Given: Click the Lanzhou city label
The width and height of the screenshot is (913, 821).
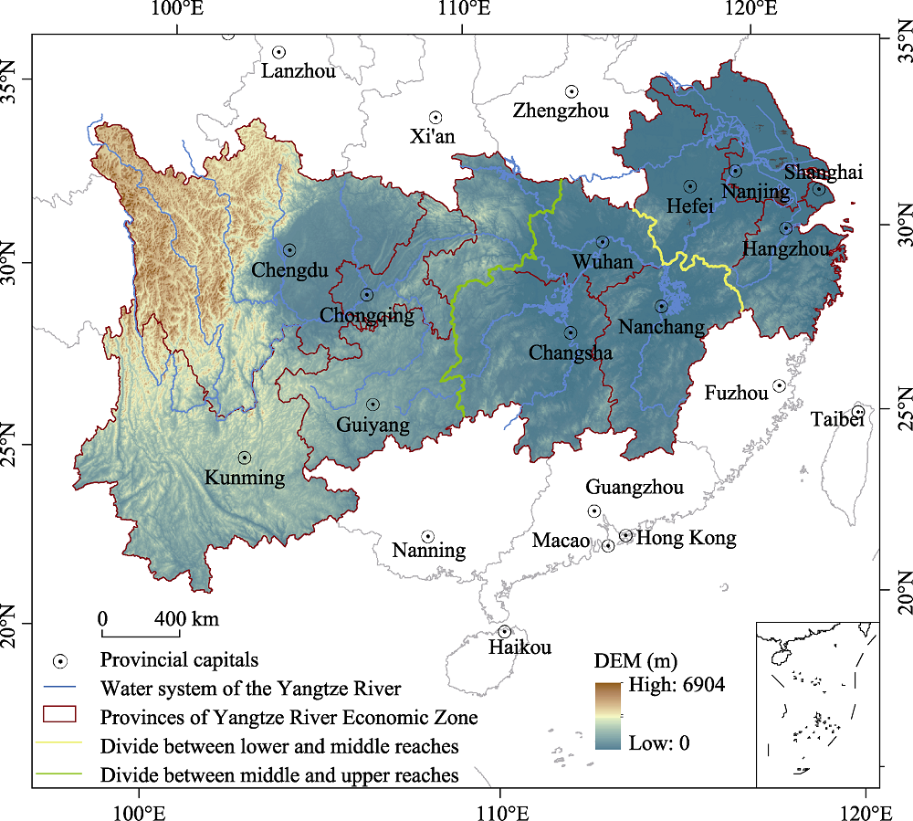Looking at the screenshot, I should (x=299, y=71).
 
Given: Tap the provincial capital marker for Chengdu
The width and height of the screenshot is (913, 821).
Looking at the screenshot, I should (x=289, y=250).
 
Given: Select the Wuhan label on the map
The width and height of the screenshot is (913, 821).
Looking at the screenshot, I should (x=602, y=262).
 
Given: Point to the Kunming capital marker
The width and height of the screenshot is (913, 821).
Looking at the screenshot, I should (x=245, y=458).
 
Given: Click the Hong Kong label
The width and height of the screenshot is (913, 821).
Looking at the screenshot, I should (x=686, y=538).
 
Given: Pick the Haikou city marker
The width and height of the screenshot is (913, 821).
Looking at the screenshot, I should (x=504, y=632).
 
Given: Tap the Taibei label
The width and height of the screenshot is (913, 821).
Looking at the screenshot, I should (x=837, y=419).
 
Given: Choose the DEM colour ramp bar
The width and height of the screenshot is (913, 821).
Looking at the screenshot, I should (x=607, y=715).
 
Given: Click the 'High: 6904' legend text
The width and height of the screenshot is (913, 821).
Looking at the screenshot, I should (x=677, y=685).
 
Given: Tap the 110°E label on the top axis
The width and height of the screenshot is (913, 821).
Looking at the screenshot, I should (x=464, y=11).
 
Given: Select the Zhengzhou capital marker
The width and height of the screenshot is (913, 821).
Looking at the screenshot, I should (x=572, y=91).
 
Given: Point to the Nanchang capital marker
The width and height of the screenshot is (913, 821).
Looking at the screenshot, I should (x=661, y=307).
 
